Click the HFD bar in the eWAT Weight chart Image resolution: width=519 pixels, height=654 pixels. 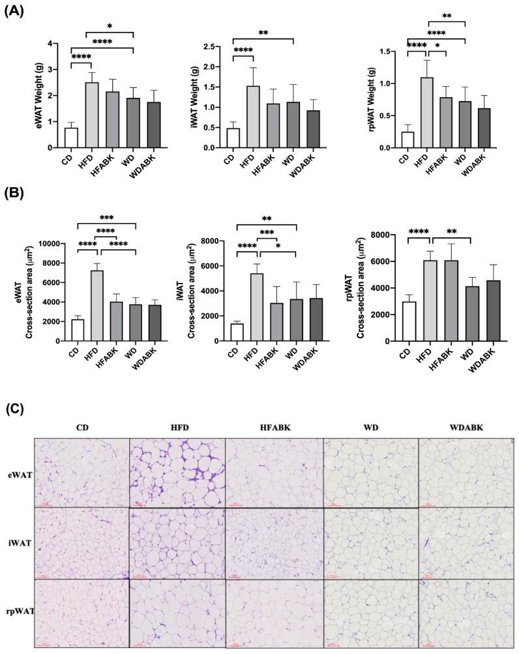(x=92, y=115)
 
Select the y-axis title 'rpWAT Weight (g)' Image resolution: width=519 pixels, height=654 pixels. (x=372, y=99)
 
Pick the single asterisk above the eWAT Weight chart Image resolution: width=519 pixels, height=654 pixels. (x=110, y=26)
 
